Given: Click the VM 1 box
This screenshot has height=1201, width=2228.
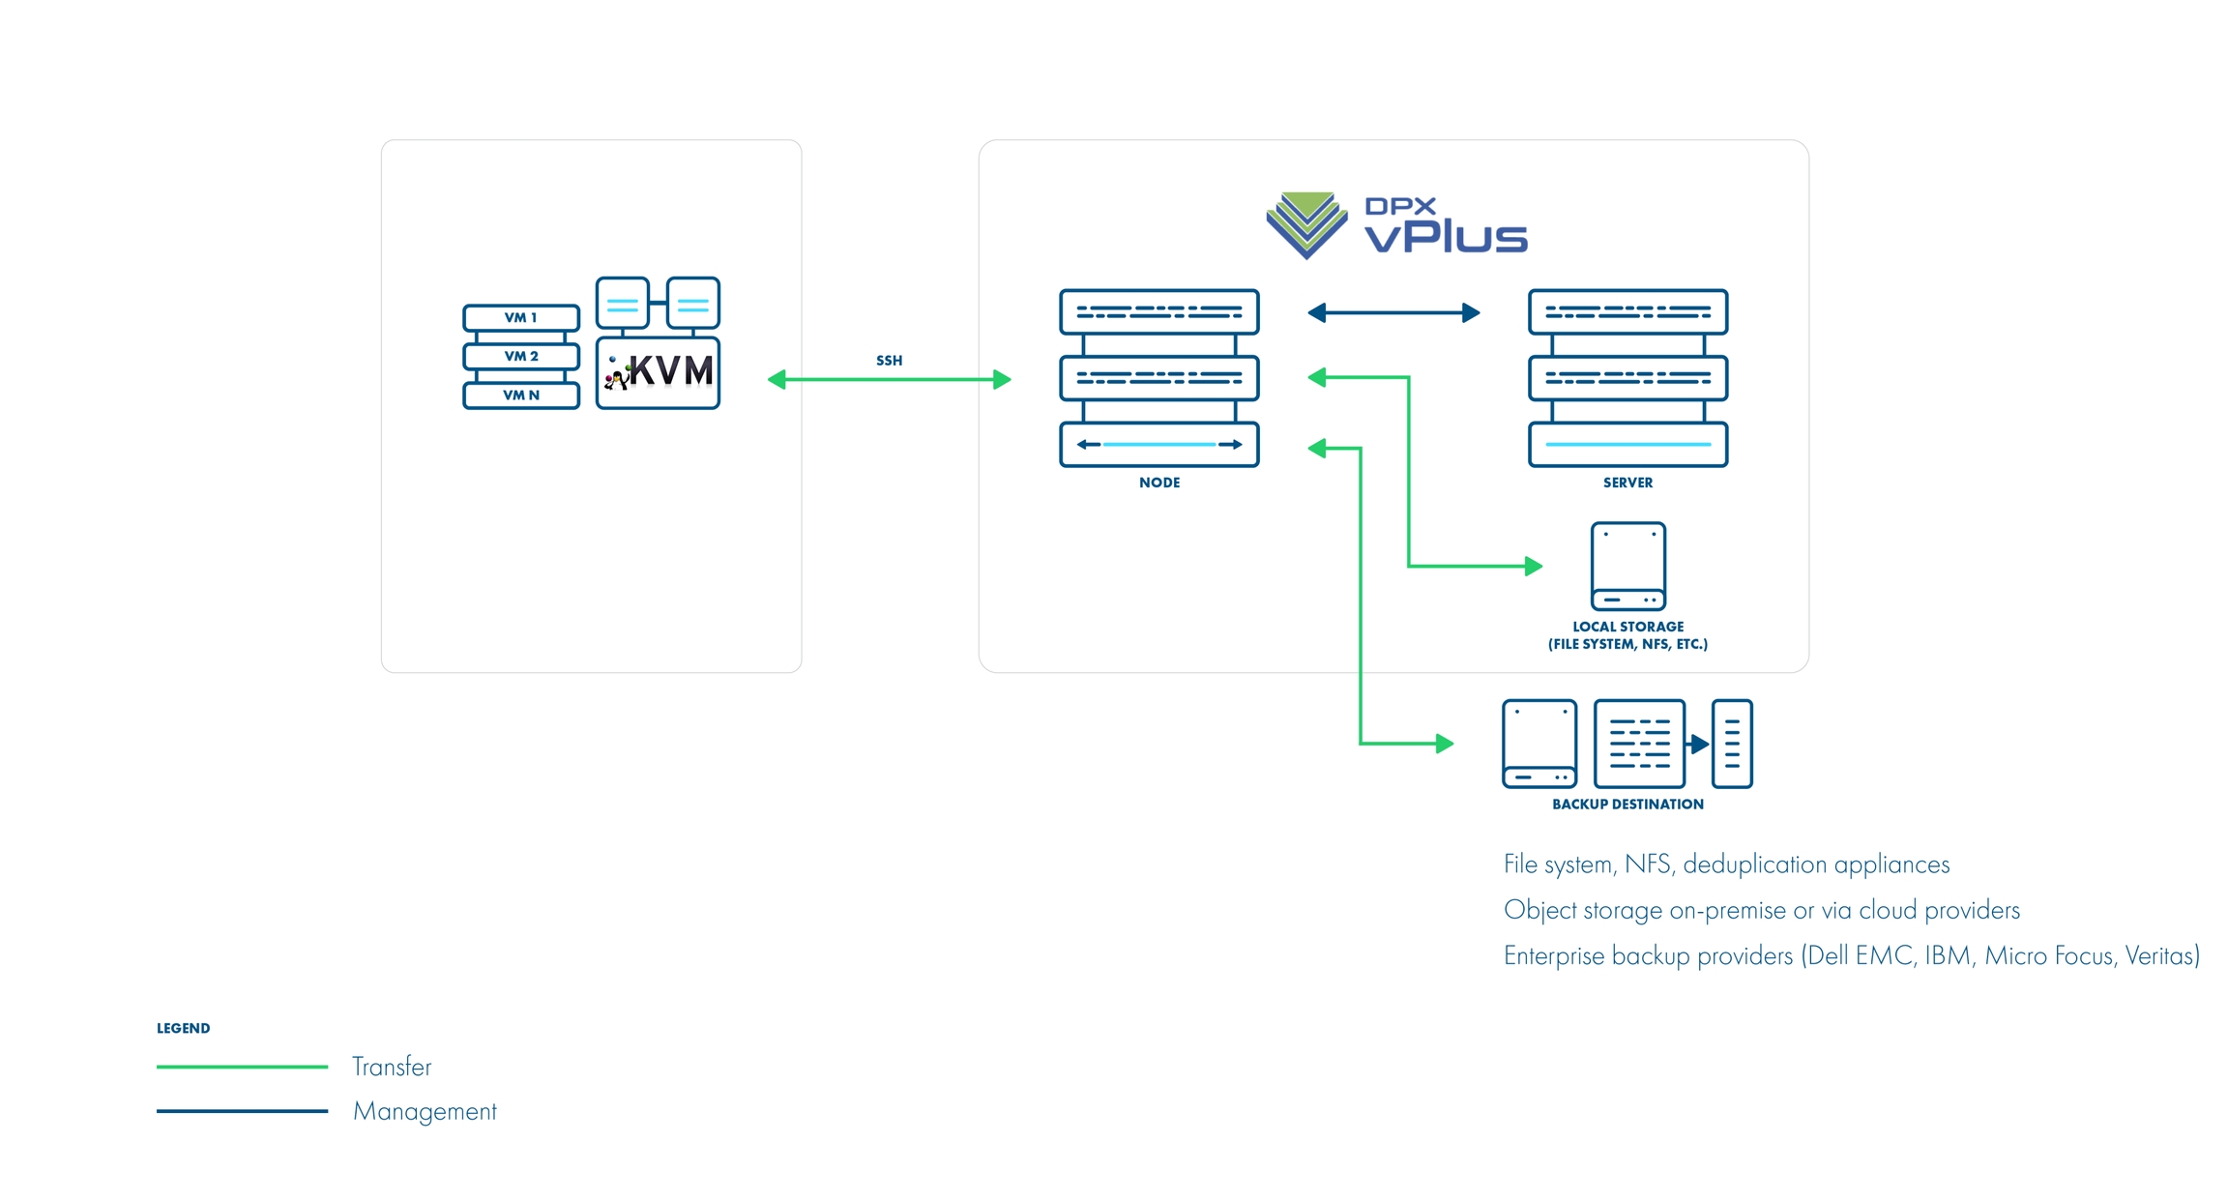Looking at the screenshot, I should point(520,317).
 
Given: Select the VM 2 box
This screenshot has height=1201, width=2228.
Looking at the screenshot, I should point(520,356).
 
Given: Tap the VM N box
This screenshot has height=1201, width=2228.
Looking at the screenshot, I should point(520,395).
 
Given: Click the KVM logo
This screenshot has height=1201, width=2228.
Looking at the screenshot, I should point(659,372).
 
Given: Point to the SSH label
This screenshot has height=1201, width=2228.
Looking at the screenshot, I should point(889,361).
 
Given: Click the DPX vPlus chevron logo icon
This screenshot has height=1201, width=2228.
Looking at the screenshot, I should point(1306,224).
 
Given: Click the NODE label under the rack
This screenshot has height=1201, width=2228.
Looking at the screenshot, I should point(1158,483).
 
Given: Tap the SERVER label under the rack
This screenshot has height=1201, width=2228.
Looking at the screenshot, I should point(1627,483).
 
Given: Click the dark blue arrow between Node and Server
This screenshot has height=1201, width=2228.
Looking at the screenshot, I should point(1393,312).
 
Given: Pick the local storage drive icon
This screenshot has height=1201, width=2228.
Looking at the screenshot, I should point(1627,566).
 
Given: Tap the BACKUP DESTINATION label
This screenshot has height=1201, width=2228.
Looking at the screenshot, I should point(1627,804).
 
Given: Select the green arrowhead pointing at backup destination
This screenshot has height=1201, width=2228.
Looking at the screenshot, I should point(1445,743).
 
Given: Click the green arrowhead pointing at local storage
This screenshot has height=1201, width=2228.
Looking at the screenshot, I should point(1533,566).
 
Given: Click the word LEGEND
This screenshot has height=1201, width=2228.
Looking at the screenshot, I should point(183,1028).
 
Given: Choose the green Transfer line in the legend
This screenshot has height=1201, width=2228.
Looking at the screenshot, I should point(242,1067).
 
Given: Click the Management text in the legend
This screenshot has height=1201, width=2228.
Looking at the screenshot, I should point(425,1111).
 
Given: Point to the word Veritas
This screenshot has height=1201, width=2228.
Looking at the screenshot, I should point(2161,955).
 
